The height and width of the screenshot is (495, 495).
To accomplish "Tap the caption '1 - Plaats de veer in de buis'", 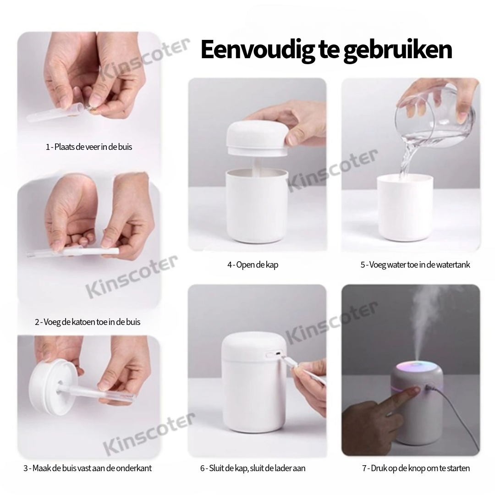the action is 89,147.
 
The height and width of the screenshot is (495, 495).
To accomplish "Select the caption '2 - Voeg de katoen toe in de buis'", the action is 88,322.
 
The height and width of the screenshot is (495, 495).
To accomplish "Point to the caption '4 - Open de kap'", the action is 253,264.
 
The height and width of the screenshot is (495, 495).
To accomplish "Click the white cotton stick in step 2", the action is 92,252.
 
